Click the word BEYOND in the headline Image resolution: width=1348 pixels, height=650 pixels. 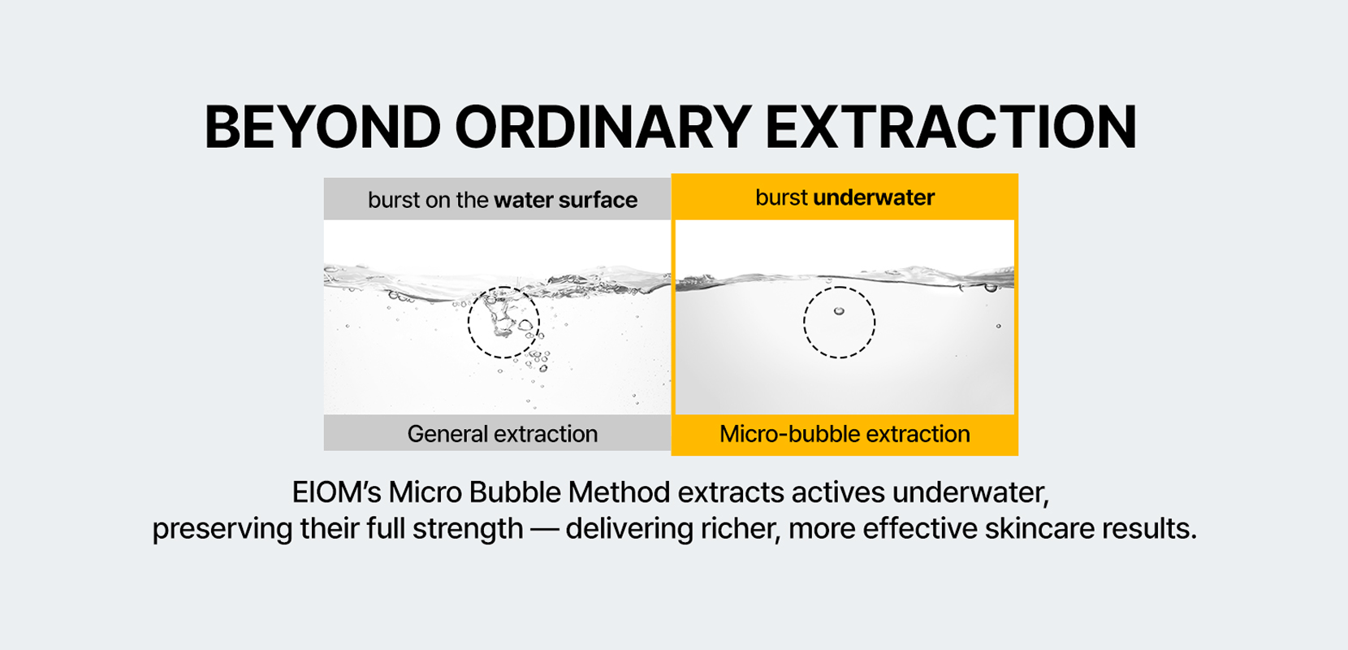[x=322, y=128]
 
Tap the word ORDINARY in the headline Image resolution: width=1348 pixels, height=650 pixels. [x=602, y=128]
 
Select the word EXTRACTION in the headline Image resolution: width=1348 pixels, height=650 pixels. [x=950, y=128]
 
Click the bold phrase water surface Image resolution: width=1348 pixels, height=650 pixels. [x=565, y=200]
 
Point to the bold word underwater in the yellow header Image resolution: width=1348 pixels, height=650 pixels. [x=874, y=197]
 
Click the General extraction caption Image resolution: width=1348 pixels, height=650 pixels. [x=503, y=434]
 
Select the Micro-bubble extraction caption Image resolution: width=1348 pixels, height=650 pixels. [x=845, y=434]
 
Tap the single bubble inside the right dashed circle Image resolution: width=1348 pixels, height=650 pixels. [x=839, y=311]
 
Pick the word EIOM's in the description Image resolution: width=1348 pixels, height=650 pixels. [x=335, y=492]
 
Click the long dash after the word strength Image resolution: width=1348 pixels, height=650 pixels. [x=544, y=529]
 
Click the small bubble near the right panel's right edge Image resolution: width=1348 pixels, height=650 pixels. [x=998, y=326]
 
